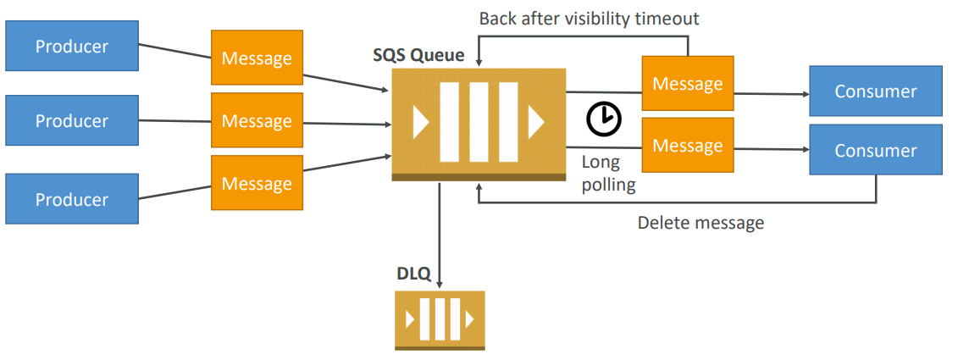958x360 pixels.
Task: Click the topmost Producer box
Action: click(72, 47)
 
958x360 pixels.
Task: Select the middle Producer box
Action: click(72, 121)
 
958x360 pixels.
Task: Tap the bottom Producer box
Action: click(72, 199)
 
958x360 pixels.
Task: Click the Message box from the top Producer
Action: click(257, 58)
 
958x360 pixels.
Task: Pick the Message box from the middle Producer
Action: click(257, 121)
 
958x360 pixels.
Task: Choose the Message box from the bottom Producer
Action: click(257, 184)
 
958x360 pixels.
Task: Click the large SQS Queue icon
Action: click(479, 123)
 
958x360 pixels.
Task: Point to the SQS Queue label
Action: click(418, 56)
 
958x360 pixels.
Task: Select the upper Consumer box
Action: click(876, 91)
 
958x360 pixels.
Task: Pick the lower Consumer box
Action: click(876, 151)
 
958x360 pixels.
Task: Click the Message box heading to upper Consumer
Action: click(687, 83)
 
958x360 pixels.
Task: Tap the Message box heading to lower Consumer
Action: click(687, 146)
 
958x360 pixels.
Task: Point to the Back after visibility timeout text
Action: click(590, 18)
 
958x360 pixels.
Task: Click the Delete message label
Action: click(701, 223)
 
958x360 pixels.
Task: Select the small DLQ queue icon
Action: click(440, 319)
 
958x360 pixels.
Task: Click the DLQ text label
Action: click(414, 274)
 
